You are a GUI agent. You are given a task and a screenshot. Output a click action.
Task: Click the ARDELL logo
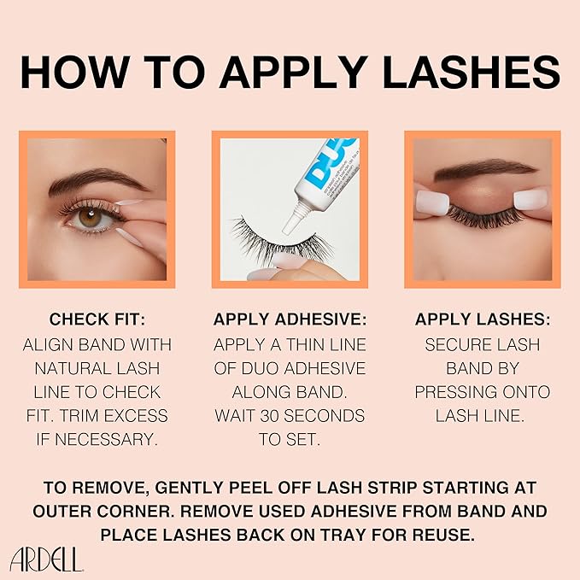(47, 559)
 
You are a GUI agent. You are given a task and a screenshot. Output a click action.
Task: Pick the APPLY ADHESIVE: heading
(290, 319)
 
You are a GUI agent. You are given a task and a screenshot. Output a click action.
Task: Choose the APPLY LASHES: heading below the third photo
(483, 319)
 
